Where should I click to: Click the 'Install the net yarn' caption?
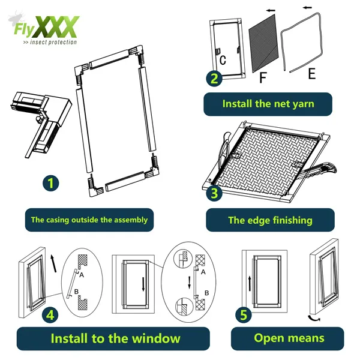(x=268, y=104)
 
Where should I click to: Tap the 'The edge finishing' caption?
(x=269, y=220)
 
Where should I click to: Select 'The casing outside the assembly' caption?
(x=89, y=220)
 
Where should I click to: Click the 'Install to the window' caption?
(x=115, y=338)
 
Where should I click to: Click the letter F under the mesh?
(x=263, y=78)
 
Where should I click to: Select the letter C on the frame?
(x=223, y=60)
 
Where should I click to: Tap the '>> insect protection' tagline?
(x=49, y=42)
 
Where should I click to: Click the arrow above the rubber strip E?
(x=310, y=9)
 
